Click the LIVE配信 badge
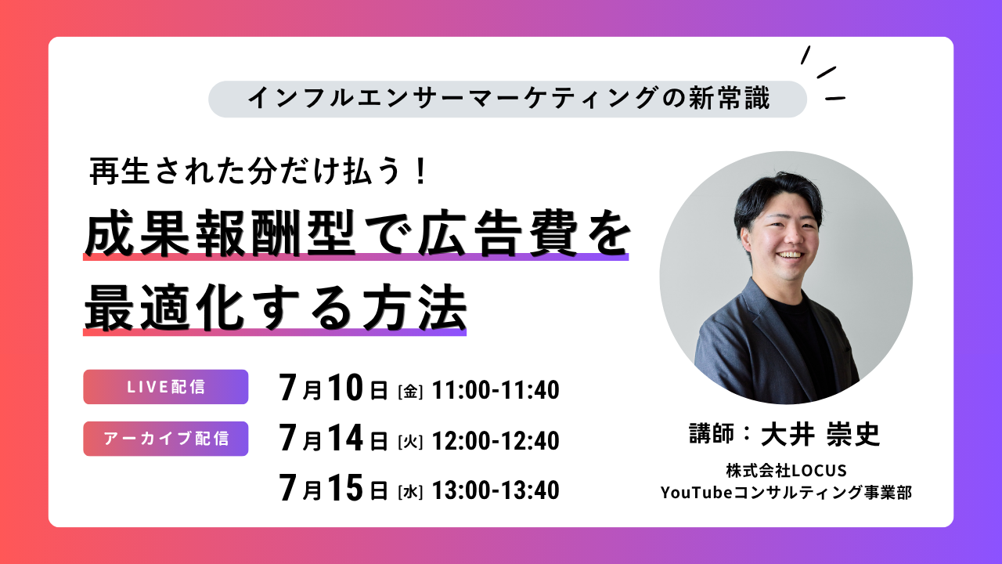(165, 387)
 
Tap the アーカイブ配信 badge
(165, 439)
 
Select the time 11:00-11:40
(496, 389)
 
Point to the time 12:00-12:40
(496, 440)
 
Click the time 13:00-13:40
(496, 490)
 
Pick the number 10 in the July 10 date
(345, 387)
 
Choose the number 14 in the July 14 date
(345, 438)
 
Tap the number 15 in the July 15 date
(345, 487)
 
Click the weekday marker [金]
(410, 392)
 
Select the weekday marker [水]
(410, 492)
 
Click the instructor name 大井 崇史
(820, 434)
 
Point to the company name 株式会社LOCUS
(787, 471)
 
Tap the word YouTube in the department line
(697, 493)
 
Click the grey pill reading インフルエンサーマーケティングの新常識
(508, 99)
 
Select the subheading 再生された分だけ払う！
(258, 172)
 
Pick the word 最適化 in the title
(164, 309)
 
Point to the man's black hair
(778, 197)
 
